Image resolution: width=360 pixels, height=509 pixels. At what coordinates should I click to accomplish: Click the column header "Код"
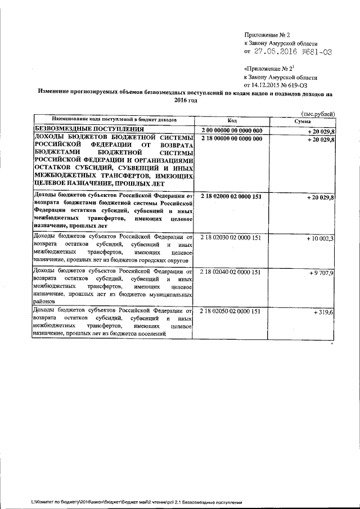[x=232, y=120]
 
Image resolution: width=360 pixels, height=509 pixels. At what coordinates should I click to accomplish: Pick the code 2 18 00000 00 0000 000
[x=231, y=138]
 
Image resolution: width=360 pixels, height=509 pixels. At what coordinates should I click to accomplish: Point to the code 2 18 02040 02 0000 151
[x=231, y=272]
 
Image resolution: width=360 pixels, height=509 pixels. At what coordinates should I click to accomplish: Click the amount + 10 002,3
[x=320, y=238]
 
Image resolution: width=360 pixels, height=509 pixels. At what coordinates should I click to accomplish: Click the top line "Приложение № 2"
[x=266, y=35]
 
